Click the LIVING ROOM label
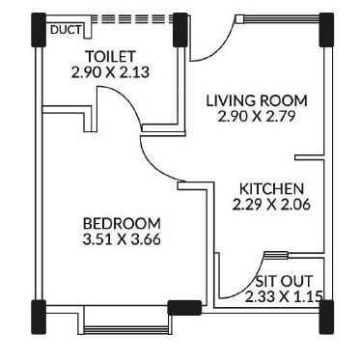pos(258,100)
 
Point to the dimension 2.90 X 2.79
pos(258,117)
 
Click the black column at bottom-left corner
pos(39,315)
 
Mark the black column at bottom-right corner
pos(323,314)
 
